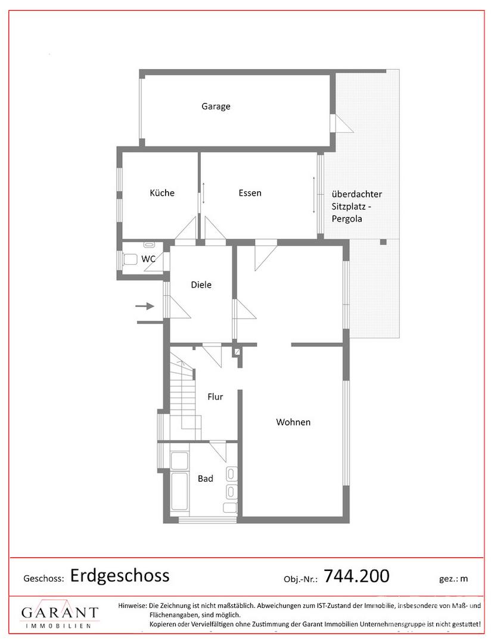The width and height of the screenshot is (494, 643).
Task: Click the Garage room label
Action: pos(216,107)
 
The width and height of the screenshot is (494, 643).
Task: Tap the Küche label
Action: pos(162,193)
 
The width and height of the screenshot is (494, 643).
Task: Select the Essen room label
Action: pos(250,193)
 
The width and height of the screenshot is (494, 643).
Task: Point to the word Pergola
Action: pos(347,219)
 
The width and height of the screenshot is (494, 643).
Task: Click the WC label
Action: pos(148,259)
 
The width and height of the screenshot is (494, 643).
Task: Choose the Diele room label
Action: pos(201,285)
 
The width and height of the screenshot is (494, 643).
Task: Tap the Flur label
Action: pos(215,397)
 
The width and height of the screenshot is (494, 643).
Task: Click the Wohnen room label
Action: pos(293,422)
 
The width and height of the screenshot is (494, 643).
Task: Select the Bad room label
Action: pos(205,479)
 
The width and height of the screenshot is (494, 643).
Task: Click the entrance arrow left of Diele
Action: pos(144,306)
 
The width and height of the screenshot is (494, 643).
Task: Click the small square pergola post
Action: pos(383,242)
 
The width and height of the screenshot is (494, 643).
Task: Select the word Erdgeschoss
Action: pos(120,576)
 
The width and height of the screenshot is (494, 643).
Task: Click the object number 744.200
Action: pos(356,576)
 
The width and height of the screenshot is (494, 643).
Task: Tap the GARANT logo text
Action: pos(60,613)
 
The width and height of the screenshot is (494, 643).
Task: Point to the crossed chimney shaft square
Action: pos(237,352)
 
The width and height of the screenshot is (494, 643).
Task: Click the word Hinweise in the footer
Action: pos(132,605)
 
